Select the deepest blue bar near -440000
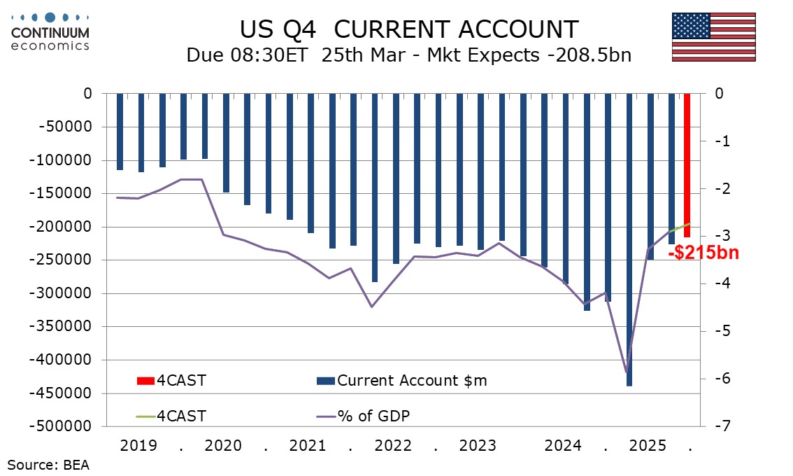629,238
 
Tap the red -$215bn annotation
703,253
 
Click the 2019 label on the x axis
138,445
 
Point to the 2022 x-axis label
393,445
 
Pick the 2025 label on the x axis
648,445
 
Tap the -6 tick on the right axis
720,379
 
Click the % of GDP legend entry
373,416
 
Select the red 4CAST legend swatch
145,381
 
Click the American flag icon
714,37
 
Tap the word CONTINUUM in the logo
50,32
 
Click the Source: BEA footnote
48,464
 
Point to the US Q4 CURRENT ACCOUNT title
409,29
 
